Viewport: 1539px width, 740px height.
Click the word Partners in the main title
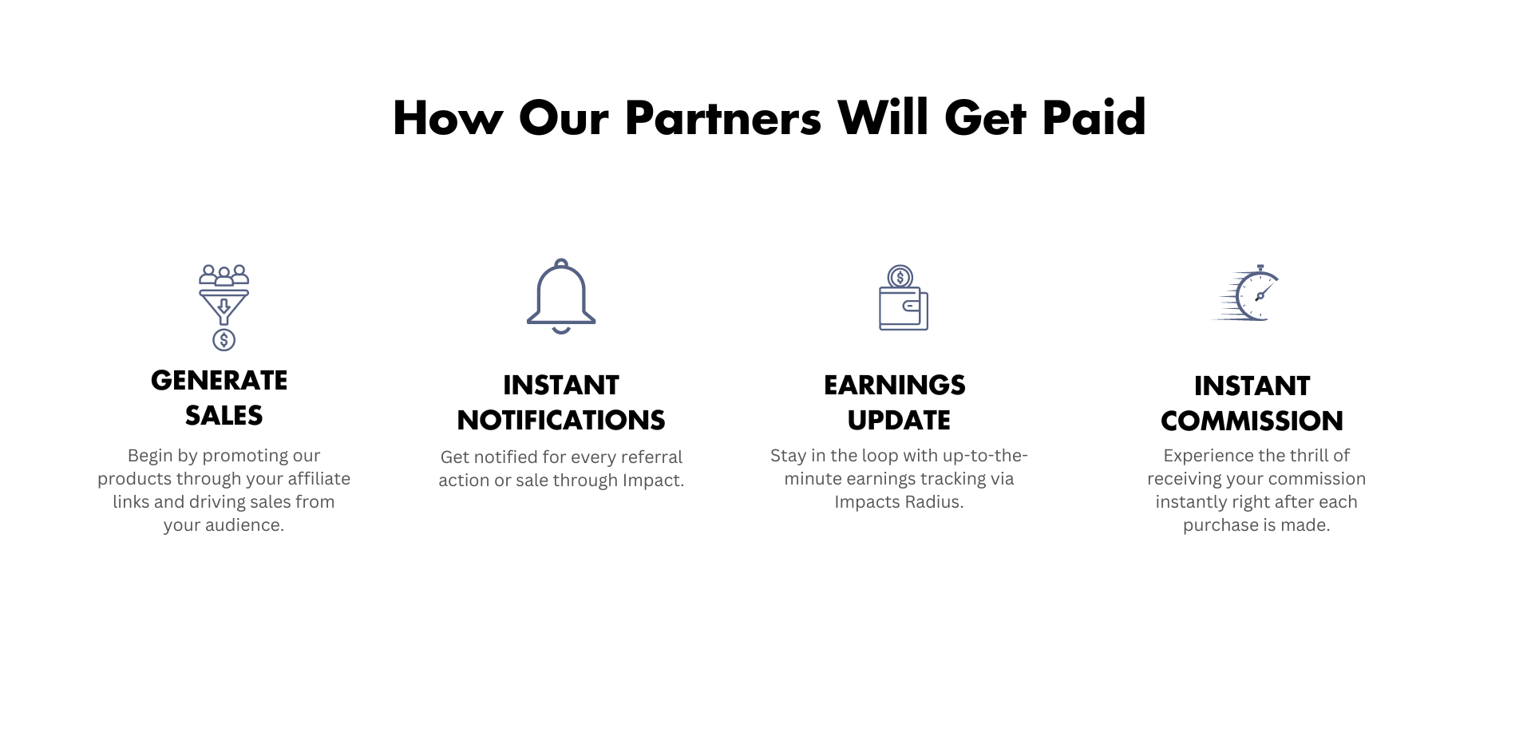pos(722,118)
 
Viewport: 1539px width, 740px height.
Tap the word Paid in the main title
pos(1094,118)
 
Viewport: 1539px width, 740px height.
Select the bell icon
pos(561,296)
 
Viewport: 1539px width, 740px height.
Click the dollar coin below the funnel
pos(224,340)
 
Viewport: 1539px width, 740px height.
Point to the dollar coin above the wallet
pos(900,277)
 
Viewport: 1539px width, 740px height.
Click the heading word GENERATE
pos(219,380)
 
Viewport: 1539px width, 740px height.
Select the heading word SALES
pos(224,415)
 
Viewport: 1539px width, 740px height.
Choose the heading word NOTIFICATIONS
pos(561,420)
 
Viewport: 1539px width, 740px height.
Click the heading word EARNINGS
pos(895,385)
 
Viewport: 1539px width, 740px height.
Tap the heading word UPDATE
pos(899,420)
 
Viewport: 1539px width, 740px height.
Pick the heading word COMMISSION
pos(1252,421)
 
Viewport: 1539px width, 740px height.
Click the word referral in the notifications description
pos(652,457)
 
